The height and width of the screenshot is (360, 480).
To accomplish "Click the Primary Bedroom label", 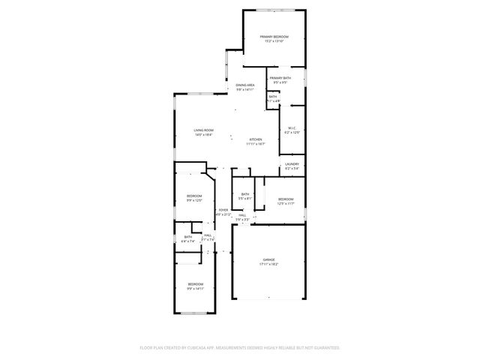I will coord(274,37).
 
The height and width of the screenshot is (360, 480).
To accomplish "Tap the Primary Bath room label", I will coord(280,79).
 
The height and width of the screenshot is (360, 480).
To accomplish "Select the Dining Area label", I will coord(245,85).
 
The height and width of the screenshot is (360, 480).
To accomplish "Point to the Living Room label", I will coord(203,130).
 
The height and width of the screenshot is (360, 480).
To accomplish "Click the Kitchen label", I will coord(256,139).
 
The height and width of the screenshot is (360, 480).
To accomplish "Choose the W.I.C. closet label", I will coord(292,128).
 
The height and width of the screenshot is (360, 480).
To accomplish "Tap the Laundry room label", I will coord(292,164).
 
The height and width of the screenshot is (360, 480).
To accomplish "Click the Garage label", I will coord(268,259).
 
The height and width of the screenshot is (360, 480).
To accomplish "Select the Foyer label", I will coord(223,210).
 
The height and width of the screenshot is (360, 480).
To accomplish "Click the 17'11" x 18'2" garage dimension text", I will coord(268,264).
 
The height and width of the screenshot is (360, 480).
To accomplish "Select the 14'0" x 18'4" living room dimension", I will coord(203,135).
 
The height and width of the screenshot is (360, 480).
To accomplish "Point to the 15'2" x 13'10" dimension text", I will coord(274,41).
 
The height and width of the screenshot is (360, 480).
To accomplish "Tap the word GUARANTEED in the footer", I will coord(325,348).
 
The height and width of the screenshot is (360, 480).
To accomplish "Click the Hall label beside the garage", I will coord(242,216).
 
